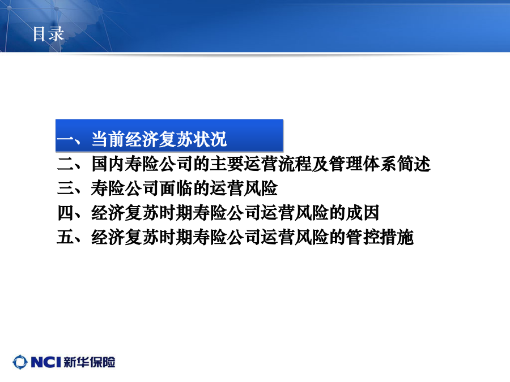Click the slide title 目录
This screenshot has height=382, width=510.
pos(48,34)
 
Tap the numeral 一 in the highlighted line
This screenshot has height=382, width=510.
pos(66,140)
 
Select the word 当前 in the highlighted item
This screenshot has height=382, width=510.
pos(108,139)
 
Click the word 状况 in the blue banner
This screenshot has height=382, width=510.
pos(210,139)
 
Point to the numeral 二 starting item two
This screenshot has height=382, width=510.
pos(66,164)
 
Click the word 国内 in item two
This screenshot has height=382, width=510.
pos(108,164)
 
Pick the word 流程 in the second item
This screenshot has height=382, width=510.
pos(294,164)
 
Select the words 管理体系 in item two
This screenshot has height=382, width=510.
pos(362,164)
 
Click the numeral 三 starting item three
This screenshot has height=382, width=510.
pos(66,188)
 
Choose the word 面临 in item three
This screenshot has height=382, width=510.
pos(176,188)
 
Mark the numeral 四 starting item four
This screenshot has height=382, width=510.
pos(66,213)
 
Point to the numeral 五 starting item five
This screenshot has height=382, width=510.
pos(66,237)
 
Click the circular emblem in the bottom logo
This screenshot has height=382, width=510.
pos(20,362)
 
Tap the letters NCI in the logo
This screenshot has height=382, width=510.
pos(46,362)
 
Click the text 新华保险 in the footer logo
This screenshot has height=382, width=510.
pos(89,362)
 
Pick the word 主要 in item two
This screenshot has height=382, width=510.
pos(227,164)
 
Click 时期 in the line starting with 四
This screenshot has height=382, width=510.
pos(176,213)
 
